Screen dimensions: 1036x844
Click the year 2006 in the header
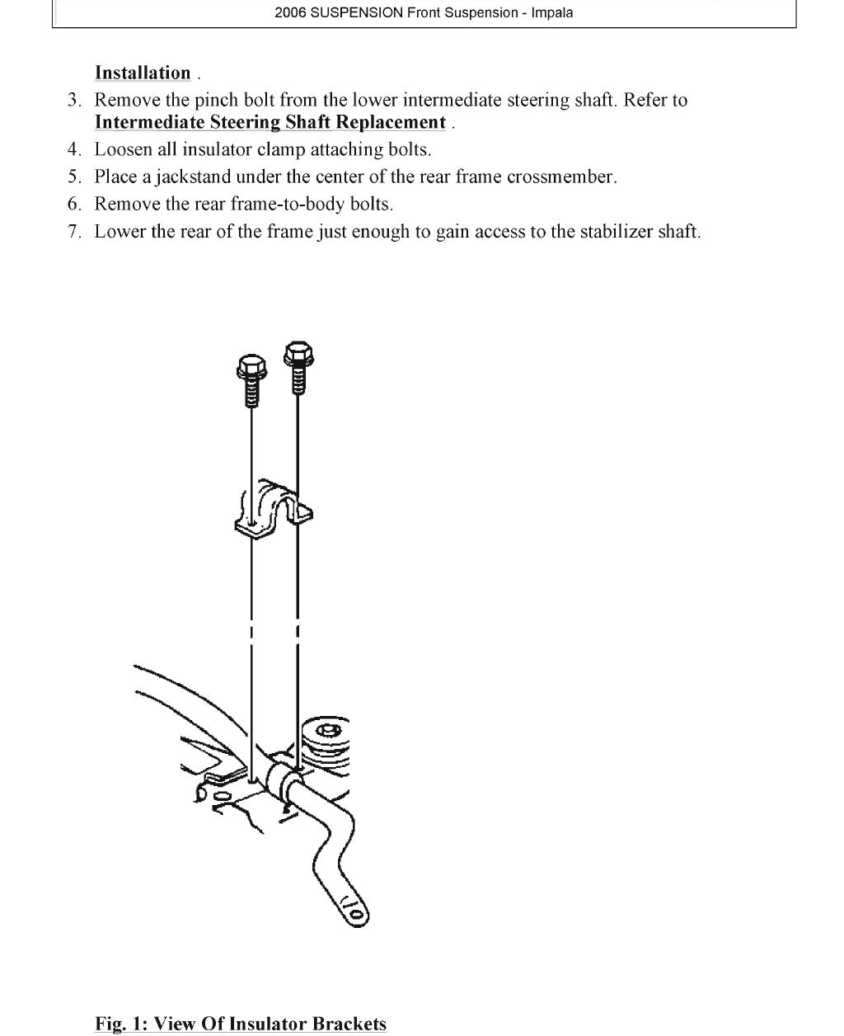291,13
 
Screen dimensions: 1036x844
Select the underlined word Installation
143,73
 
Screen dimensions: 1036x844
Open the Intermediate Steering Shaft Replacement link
270,123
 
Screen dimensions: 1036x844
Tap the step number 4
74,150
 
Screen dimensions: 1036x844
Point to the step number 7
74,232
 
